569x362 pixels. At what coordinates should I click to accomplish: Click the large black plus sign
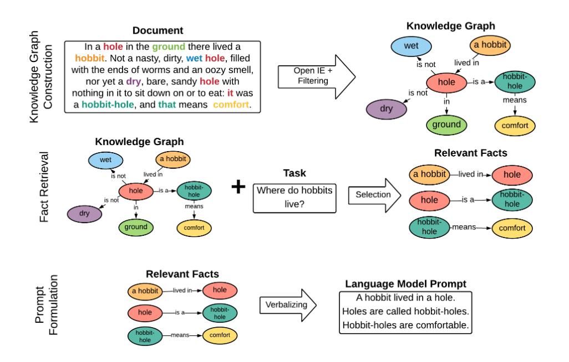coord(238,187)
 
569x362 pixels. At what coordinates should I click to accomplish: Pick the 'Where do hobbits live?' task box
coord(294,198)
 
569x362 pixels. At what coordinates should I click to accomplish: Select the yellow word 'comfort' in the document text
coord(231,104)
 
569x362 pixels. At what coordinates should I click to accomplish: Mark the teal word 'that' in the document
coord(167,104)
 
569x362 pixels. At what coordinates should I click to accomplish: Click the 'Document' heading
coord(158,31)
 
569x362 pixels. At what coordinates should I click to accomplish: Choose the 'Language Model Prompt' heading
coord(405,284)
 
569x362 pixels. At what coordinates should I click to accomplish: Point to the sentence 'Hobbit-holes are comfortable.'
coord(405,325)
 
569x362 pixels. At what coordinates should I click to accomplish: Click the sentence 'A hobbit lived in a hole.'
coord(405,297)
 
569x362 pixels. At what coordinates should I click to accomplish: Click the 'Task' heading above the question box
coord(294,174)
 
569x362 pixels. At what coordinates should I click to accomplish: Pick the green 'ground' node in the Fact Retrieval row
coord(136,227)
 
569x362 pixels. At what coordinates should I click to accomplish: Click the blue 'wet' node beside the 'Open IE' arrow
coord(411,46)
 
